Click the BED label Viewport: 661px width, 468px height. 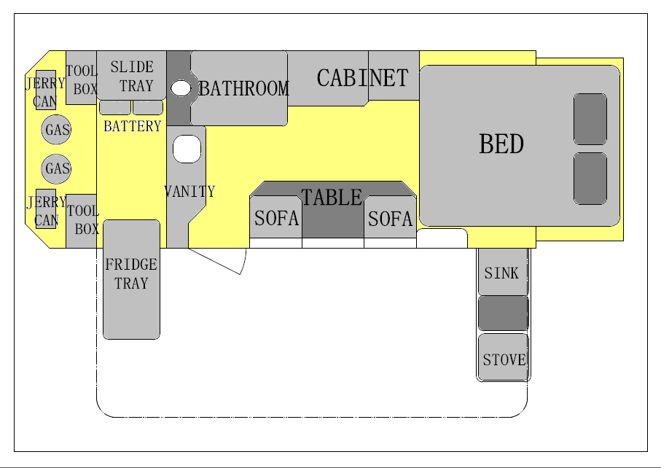(501, 144)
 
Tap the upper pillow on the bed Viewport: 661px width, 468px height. (590, 119)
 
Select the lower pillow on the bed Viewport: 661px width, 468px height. (590, 179)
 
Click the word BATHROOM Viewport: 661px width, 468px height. (243, 88)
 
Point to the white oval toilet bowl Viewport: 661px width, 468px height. (181, 88)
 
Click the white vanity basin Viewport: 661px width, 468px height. (187, 149)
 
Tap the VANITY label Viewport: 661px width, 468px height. (189, 192)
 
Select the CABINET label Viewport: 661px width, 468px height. (362, 78)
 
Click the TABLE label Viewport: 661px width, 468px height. (332, 198)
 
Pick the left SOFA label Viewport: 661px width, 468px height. (276, 218)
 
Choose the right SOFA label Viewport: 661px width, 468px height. (390, 219)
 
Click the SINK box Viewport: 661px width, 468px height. (503, 272)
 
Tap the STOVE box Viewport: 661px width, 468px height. (504, 357)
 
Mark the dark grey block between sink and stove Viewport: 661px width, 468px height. (504, 313)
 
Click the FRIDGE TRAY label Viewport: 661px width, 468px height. (131, 273)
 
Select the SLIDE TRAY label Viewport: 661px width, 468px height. (132, 77)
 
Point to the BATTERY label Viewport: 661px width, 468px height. (133, 126)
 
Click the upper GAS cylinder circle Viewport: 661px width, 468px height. (56, 130)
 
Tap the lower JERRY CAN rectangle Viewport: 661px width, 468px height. (46, 208)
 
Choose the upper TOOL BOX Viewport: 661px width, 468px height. (82, 78)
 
